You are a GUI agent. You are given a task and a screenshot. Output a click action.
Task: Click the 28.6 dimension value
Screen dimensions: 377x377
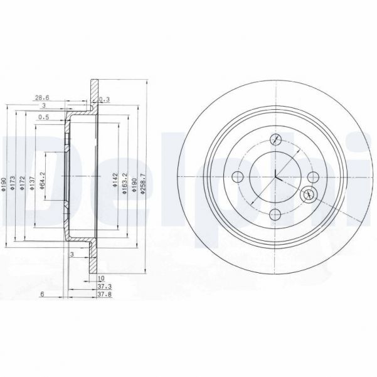[42, 98]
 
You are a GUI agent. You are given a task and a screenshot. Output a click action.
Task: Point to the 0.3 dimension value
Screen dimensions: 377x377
[105, 98]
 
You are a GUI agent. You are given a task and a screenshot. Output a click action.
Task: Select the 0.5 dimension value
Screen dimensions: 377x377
[43, 117]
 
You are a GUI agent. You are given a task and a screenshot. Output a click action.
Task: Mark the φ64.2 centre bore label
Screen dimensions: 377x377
[43, 183]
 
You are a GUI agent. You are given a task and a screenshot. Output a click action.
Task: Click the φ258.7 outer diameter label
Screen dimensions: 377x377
[144, 184]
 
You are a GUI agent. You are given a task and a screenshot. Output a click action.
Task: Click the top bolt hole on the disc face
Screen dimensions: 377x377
[275, 140]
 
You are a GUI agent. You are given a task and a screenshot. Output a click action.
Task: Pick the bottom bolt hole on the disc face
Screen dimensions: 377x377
[275, 215]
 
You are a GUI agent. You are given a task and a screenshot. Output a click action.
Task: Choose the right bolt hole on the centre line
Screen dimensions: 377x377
[312, 177]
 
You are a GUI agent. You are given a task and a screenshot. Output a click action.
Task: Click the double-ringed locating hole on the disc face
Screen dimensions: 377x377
[308, 196]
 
